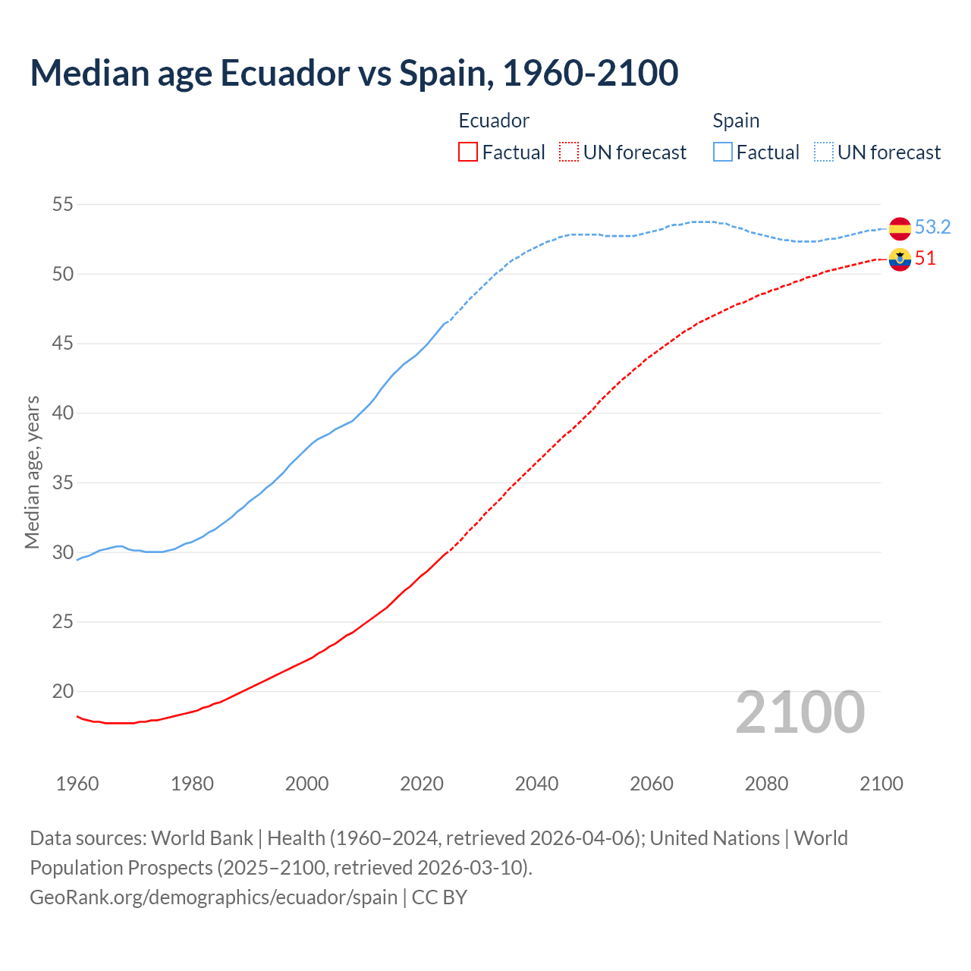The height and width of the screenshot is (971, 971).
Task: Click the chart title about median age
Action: pyautogui.click(x=354, y=73)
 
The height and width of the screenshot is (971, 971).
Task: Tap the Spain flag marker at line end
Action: pyautogui.click(x=900, y=228)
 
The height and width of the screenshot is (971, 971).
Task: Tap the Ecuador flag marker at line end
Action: pyautogui.click(x=900, y=259)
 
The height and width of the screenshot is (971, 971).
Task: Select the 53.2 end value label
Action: pyautogui.click(x=932, y=227)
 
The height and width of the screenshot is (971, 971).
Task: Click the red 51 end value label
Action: pyautogui.click(x=925, y=259)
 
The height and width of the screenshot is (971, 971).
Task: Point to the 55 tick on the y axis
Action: pyautogui.click(x=63, y=204)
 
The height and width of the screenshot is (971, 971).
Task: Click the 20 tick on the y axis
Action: pyautogui.click(x=63, y=691)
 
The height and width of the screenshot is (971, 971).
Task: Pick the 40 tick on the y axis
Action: pyautogui.click(x=63, y=413)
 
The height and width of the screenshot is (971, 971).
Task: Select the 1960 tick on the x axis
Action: pyautogui.click(x=77, y=784)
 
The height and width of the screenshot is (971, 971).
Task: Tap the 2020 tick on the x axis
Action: pyautogui.click(x=422, y=784)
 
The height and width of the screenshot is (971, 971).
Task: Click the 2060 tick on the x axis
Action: pyautogui.click(x=652, y=784)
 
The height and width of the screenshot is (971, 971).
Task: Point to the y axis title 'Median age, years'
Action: pyautogui.click(x=32, y=472)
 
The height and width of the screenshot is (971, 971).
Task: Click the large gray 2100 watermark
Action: pyautogui.click(x=800, y=712)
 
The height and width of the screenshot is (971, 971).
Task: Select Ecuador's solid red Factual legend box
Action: pyautogui.click(x=468, y=152)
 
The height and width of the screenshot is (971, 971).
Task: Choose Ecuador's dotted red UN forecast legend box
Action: pyautogui.click(x=569, y=152)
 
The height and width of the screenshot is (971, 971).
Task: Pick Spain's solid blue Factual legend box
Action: pyautogui.click(x=723, y=152)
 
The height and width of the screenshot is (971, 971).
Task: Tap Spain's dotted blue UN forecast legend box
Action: pyautogui.click(x=824, y=152)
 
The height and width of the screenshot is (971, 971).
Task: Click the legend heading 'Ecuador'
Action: pyautogui.click(x=494, y=121)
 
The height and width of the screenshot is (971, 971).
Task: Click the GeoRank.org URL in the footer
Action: pyautogui.click(x=214, y=897)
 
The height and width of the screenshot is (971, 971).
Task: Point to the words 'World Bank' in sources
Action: pyautogui.click(x=202, y=838)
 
